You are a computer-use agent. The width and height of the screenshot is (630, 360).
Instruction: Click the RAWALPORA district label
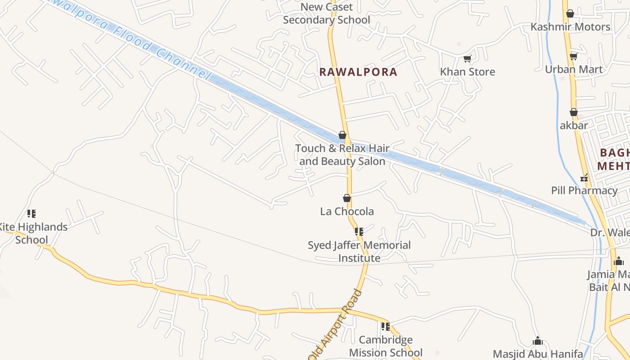click(x=358, y=72)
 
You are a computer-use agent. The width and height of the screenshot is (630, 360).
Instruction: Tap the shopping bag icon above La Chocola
click(x=347, y=198)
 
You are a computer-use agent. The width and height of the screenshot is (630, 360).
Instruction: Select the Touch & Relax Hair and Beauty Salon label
click(x=342, y=155)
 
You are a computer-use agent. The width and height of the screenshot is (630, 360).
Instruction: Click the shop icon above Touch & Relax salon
click(x=342, y=135)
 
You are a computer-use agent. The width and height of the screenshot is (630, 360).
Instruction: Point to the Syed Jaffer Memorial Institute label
click(x=359, y=252)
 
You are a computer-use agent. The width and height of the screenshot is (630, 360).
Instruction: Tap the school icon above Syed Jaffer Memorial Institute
click(x=359, y=232)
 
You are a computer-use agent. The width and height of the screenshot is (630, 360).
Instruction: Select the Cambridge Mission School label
click(x=386, y=346)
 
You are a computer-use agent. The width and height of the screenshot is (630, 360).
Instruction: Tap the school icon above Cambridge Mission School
click(x=385, y=326)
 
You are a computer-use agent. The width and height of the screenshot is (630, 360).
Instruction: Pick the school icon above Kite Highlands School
click(x=31, y=213)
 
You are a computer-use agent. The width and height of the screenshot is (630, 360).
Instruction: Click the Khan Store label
click(x=467, y=72)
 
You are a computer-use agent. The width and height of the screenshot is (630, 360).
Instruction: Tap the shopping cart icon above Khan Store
click(x=467, y=58)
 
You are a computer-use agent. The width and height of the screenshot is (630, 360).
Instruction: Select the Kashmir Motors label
click(x=570, y=27)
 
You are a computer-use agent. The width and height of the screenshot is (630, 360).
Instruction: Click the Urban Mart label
click(x=574, y=69)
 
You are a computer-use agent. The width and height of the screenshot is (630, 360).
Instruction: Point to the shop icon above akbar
click(x=574, y=112)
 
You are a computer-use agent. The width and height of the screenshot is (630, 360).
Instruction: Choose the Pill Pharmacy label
click(x=584, y=190)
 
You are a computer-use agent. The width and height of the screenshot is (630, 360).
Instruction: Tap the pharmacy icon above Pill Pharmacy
click(x=584, y=178)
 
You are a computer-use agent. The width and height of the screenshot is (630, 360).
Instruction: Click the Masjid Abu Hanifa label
click(x=538, y=354)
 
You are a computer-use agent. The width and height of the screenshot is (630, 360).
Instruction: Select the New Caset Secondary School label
click(x=327, y=13)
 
